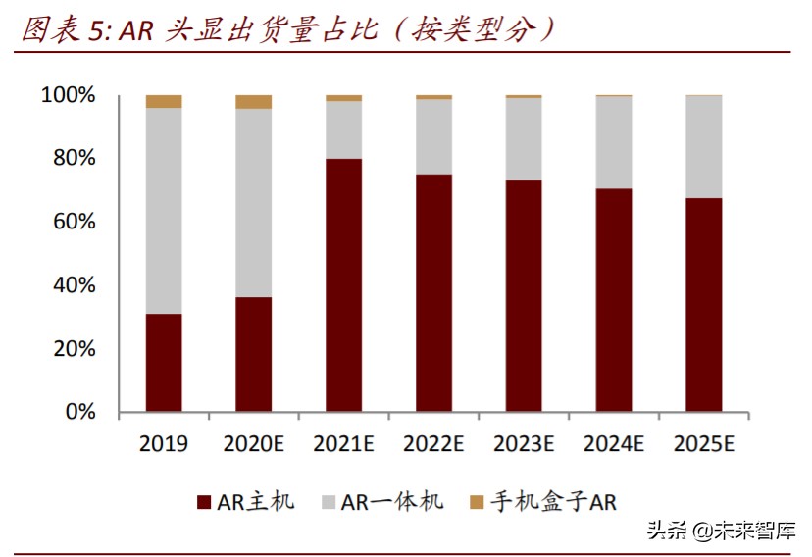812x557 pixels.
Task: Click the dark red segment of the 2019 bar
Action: click(164, 362)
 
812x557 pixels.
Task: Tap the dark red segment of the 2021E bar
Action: click(343, 284)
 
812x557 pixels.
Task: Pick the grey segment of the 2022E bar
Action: click(433, 136)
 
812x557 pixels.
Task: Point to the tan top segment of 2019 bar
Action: click(164, 101)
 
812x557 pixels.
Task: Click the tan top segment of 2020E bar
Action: click(253, 101)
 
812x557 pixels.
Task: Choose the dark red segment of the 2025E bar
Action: click(703, 304)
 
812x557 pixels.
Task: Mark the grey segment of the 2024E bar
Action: click(614, 142)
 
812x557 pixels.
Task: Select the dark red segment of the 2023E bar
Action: click(524, 295)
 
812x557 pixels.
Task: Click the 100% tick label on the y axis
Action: click(68, 96)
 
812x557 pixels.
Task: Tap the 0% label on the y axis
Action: click(78, 412)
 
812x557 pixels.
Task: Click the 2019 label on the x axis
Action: click(164, 444)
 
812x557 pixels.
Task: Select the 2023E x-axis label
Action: click(524, 444)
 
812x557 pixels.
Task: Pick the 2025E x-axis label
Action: click(703, 444)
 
